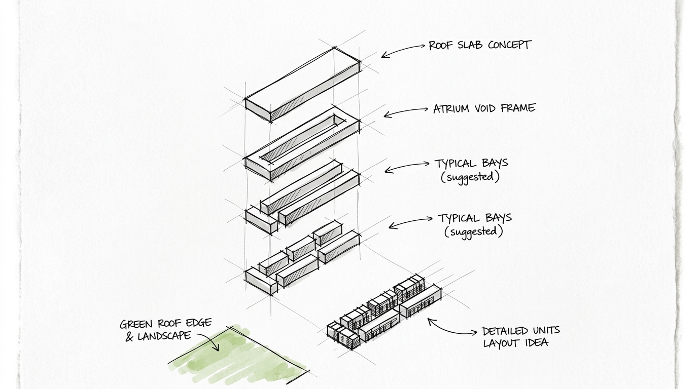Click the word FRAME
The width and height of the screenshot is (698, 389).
[x=517, y=108]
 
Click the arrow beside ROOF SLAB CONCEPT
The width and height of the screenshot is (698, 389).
[x=403, y=49]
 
